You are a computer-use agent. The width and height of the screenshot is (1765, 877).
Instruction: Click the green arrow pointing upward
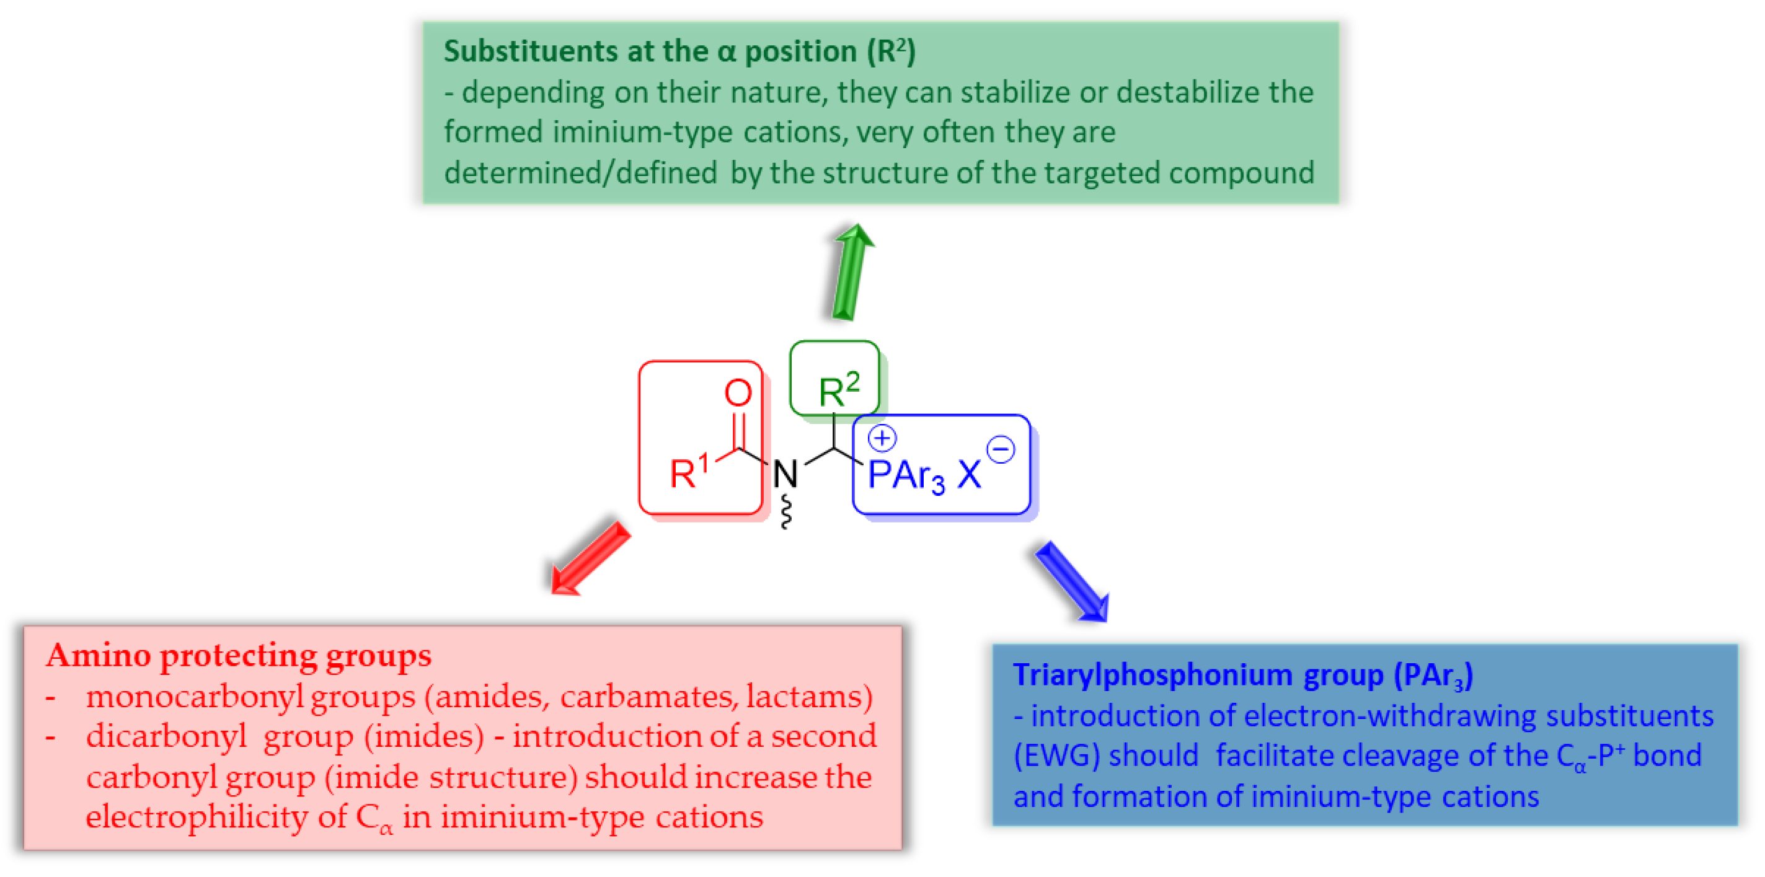coord(852,272)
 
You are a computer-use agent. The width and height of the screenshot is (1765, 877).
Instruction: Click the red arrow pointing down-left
coord(589,559)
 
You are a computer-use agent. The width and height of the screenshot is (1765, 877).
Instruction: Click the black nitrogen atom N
coord(785,474)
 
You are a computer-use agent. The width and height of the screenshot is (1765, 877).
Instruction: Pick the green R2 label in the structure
coord(838,389)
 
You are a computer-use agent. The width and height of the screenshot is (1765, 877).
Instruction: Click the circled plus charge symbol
coord(882,438)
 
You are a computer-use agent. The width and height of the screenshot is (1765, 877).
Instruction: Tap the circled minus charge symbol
coord(1001,450)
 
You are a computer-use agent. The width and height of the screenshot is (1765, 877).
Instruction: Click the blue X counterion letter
coord(969,474)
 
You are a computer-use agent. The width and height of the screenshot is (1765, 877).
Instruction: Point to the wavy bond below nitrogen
coord(787,513)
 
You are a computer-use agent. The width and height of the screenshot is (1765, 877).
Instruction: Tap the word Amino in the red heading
coord(99,655)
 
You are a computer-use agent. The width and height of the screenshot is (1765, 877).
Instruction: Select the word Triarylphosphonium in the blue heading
coord(1153,675)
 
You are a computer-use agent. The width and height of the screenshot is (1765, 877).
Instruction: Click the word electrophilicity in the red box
coord(197,817)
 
